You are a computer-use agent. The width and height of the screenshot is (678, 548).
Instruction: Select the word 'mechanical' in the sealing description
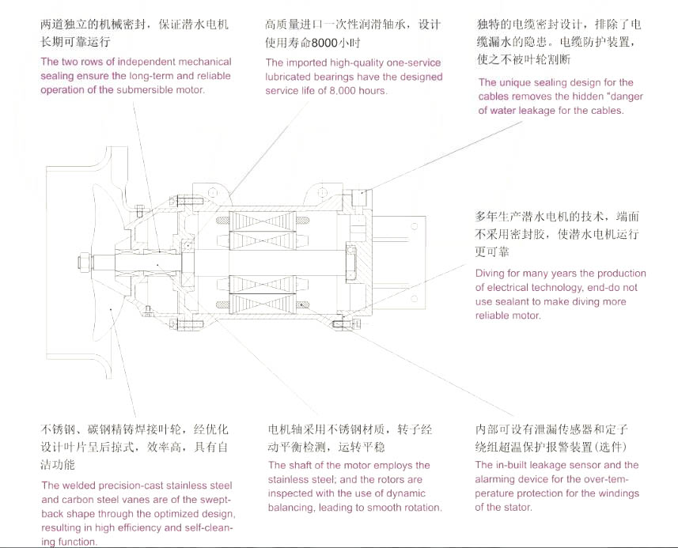tap(201, 62)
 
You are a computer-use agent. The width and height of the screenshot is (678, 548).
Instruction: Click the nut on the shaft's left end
tap(82, 260)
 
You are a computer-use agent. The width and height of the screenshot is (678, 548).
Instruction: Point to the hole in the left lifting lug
tap(213, 191)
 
